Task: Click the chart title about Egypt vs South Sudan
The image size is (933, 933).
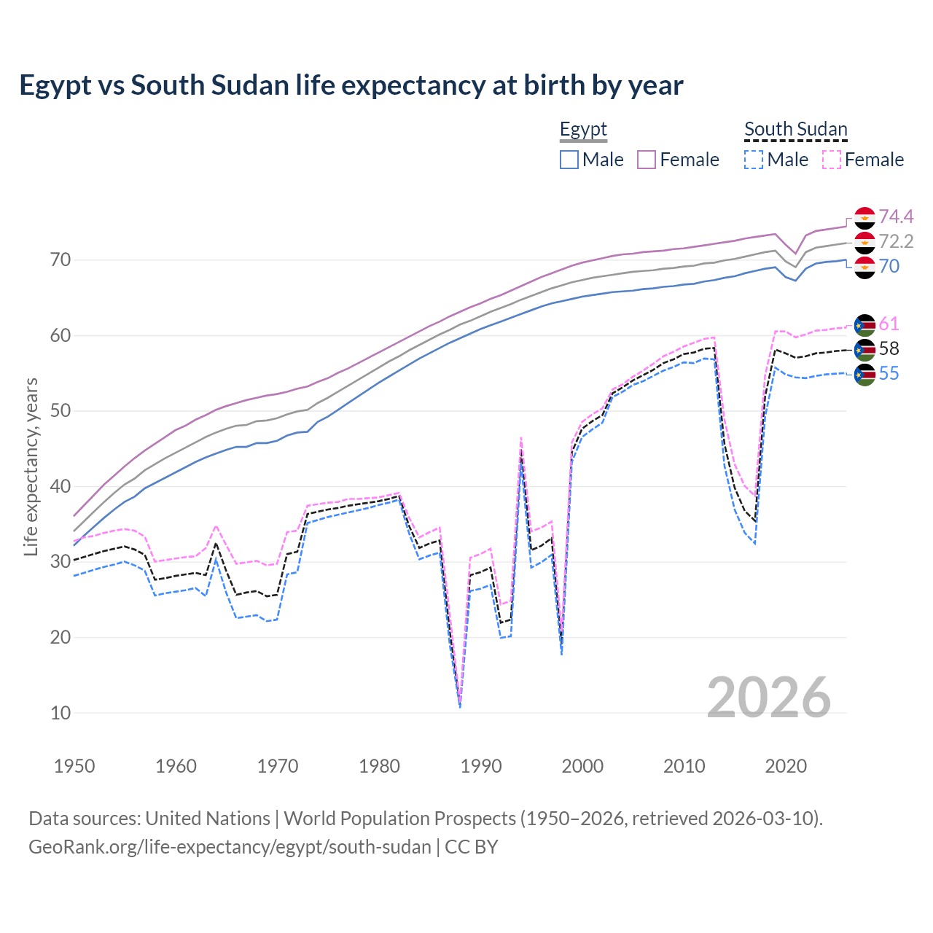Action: coord(351,85)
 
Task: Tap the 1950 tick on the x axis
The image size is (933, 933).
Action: coord(74,766)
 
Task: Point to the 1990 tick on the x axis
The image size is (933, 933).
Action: coord(481,766)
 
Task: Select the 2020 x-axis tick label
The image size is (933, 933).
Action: coord(786,766)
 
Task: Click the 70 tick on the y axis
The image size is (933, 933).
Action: coord(60,260)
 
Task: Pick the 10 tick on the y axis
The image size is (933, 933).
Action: coord(60,713)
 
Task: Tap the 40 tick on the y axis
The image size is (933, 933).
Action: coord(60,486)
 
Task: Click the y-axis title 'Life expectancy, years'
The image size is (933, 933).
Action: coord(31,466)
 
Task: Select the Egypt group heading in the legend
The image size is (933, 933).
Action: coord(583,129)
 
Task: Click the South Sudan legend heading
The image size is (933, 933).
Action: coord(795,129)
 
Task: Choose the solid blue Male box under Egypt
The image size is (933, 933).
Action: coord(569,160)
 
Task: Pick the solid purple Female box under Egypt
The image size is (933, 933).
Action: coord(647,160)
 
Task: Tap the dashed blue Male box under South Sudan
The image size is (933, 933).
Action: coord(754,160)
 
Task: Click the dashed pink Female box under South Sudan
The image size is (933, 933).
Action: coord(832,160)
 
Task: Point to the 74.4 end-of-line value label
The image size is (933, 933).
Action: coord(896,216)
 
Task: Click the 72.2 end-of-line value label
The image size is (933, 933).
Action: coord(896,241)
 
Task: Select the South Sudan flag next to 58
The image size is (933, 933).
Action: coord(864,349)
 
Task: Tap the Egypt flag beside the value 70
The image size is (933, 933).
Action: coord(864,267)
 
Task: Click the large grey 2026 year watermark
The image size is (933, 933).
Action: coord(768,698)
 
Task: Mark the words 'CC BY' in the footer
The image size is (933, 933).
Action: coord(471,847)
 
